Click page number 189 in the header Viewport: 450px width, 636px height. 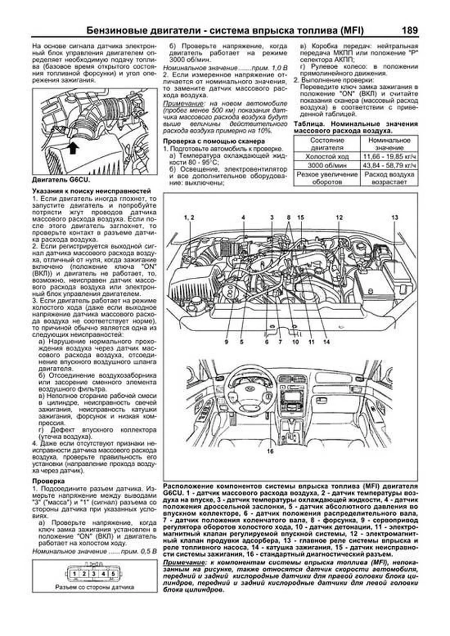[409, 30]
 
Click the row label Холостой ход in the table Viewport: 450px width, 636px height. [327, 157]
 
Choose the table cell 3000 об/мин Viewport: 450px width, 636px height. [327, 165]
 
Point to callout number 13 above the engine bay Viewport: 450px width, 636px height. [394, 217]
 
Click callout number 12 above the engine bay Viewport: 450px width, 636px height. [339, 217]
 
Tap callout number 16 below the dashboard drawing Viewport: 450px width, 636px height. [270, 451]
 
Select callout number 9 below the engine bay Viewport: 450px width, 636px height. [226, 342]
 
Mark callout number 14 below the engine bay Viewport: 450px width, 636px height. [326, 342]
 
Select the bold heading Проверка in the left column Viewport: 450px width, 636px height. [48, 481]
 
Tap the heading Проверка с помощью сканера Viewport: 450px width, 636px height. [214, 141]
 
